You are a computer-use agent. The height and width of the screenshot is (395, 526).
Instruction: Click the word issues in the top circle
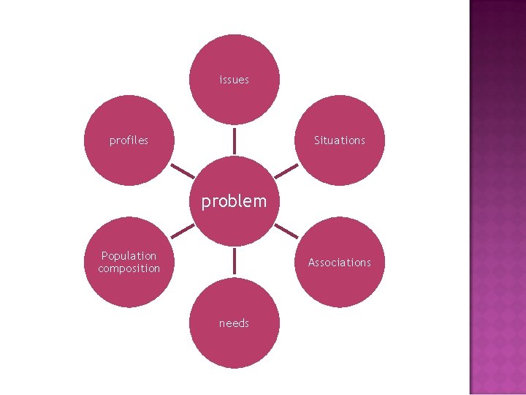234,80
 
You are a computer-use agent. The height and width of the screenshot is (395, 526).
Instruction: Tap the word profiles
129,140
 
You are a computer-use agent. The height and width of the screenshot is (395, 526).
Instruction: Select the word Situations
339,140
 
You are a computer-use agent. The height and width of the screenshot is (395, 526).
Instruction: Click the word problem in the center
234,201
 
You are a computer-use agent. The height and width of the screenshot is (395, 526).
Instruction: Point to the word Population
129,256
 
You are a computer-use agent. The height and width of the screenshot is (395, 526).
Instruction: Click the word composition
129,268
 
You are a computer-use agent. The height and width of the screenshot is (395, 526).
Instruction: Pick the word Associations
339,263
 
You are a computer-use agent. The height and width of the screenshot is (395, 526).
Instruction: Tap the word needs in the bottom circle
234,323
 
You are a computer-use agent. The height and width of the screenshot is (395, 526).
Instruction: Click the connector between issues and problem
235,140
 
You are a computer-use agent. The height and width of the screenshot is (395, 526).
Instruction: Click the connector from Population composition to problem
183,232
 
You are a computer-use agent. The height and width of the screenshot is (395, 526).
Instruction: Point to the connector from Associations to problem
286,232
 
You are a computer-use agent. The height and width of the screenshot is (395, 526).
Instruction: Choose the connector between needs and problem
235,262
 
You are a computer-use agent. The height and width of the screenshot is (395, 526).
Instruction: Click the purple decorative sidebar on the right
497,197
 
